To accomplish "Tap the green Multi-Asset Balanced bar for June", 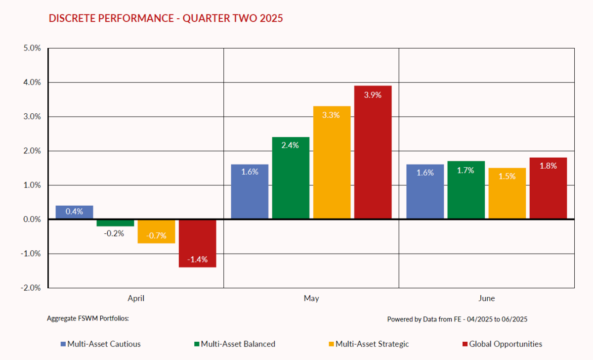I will point(466,190).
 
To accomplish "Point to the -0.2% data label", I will point(114,233).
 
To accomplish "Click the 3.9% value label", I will point(373,95).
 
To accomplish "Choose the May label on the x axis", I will point(311,299).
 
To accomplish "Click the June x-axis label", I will point(486,299).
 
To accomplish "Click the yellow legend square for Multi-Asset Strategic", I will point(332,344).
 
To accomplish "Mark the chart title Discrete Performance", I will point(166,19).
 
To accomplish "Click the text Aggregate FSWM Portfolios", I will point(87,318).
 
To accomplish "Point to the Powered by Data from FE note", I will point(457,319).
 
